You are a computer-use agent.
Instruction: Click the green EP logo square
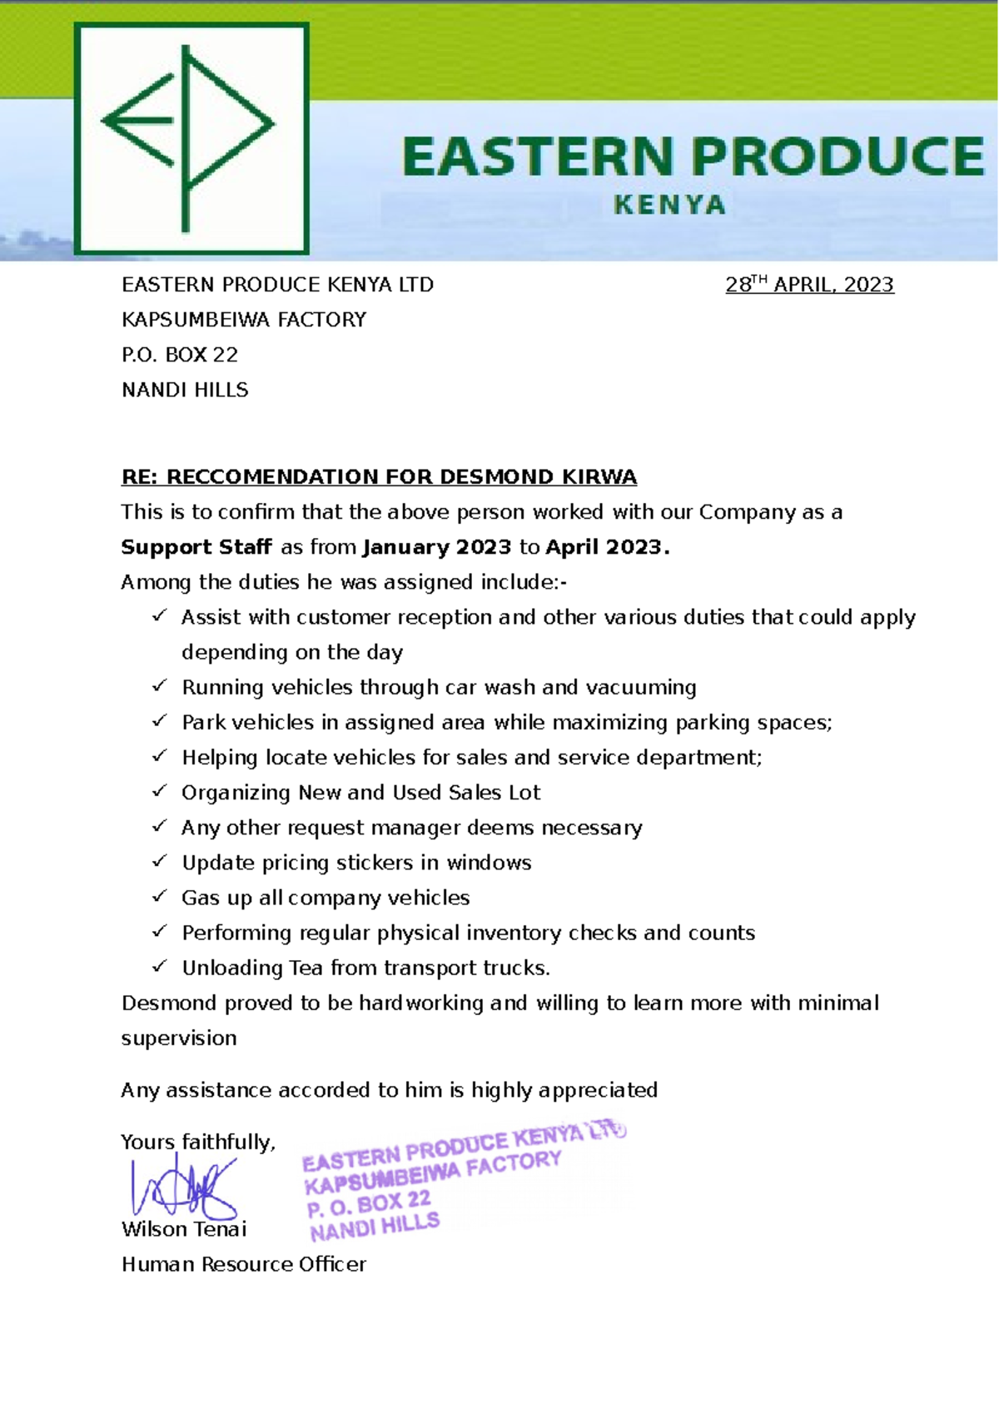click(191, 138)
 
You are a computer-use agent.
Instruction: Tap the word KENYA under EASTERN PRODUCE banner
click(669, 205)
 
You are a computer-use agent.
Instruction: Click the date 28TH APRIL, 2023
click(809, 285)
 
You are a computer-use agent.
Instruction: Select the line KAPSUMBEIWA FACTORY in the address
click(244, 320)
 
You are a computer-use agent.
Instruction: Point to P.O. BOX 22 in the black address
click(180, 355)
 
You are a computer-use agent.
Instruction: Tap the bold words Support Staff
click(196, 547)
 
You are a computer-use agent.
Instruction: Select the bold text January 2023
click(437, 547)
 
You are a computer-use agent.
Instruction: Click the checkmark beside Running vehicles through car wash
click(160, 685)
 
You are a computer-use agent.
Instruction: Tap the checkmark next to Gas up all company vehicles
click(160, 896)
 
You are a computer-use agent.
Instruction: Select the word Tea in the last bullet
click(306, 968)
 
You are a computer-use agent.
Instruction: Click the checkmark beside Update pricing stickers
click(160, 861)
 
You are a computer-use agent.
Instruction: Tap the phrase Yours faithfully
click(197, 1142)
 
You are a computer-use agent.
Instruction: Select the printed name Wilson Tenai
click(184, 1229)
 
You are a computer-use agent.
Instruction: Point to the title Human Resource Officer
click(244, 1264)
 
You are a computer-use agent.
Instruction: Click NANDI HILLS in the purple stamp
click(375, 1226)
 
